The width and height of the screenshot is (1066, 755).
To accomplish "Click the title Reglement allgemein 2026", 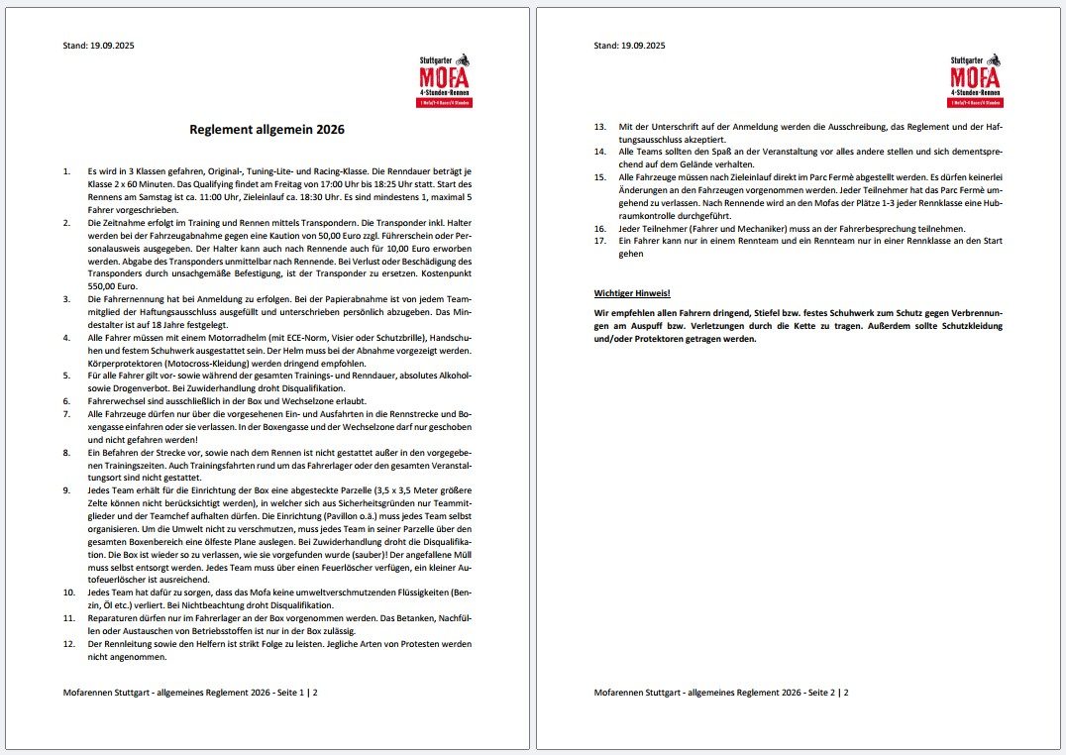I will [x=267, y=129].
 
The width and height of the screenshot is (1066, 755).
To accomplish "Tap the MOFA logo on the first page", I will [x=445, y=79].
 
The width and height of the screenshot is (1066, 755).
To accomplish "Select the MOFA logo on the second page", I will [x=976, y=79].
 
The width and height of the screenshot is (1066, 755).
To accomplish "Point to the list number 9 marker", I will [x=66, y=490].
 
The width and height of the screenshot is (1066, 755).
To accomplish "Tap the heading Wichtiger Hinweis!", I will [x=631, y=293].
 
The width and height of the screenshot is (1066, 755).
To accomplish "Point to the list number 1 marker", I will [x=66, y=171].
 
